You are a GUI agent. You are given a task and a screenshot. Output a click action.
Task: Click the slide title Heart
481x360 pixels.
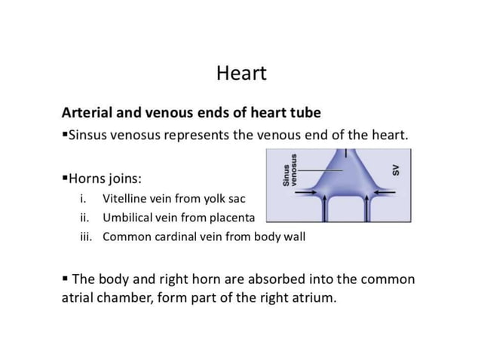[240, 75]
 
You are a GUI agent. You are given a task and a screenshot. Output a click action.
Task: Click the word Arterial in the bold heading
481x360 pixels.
[87, 113]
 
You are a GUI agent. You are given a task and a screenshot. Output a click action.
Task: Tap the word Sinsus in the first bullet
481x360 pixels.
[91, 136]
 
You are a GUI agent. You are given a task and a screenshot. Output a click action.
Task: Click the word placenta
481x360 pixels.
[231, 218]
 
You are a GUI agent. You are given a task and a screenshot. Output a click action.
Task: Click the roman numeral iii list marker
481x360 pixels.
[85, 236]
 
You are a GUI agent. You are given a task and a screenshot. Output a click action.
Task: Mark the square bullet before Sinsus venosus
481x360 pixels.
[65, 136]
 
